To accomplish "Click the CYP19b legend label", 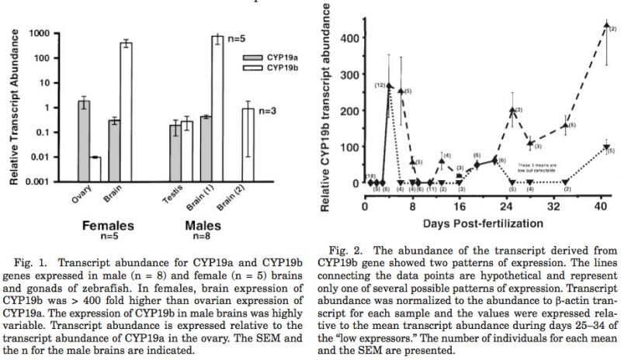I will coord(283,70).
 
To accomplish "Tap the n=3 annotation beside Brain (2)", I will coord(269,111).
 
